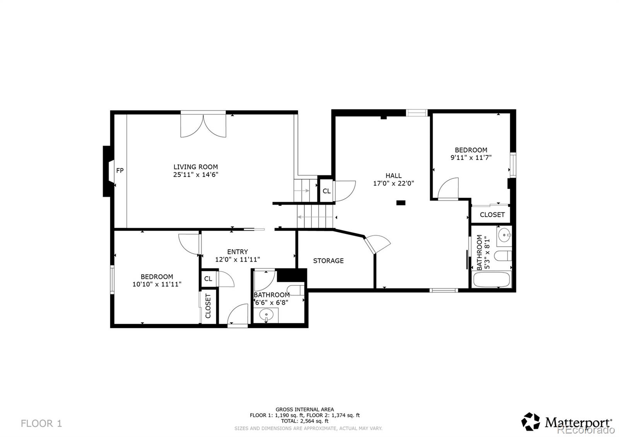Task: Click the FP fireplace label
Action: coord(120,171)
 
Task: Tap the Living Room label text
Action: coord(196,167)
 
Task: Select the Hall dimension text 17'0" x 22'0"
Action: coord(393,183)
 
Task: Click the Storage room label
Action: coord(328,261)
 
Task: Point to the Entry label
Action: coord(238,252)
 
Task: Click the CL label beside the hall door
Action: coord(327,191)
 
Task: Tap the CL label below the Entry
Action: coord(208,279)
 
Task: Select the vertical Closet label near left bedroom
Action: coord(208,306)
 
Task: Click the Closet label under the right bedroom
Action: coord(492,215)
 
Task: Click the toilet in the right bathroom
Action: coord(503,256)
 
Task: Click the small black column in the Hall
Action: coord(401,203)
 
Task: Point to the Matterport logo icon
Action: coord(530,422)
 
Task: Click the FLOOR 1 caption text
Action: coord(41,423)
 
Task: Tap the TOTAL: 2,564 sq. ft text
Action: coord(305,421)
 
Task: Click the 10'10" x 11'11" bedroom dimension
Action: coord(157,284)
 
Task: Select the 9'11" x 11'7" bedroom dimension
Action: coord(471,157)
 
